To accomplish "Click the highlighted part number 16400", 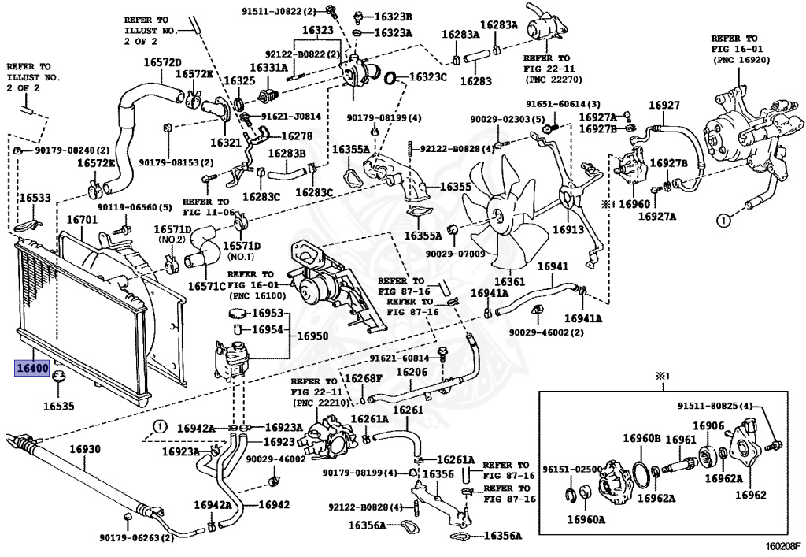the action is pos(31,368).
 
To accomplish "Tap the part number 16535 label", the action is pos(58,406).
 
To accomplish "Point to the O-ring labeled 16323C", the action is pos(390,78).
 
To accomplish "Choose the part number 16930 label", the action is pos(85,449).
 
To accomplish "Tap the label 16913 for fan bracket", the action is pos(568,229).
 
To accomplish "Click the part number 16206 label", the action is pos(412,371).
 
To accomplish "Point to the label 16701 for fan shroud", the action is pos(82,220).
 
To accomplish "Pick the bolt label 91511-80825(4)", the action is pos(715,406).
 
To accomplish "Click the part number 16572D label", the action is pos(162,62).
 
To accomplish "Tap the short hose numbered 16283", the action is pos(476,58).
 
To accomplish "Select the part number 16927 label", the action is pos(664,105).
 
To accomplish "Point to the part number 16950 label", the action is pos(312,336).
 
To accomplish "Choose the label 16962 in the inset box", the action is pos(750,496).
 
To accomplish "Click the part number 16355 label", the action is pos(455,187).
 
